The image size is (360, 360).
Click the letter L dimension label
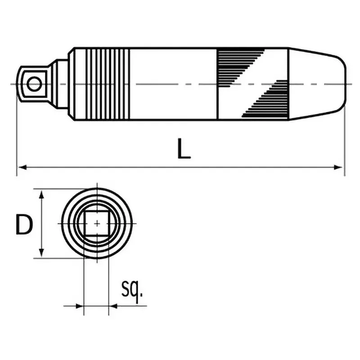coord(183,149)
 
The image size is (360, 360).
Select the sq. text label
coord(132,291)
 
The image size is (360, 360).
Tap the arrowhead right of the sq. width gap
coord(113,306)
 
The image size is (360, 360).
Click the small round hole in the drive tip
coord(33,84)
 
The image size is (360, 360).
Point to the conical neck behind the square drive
coord(59,84)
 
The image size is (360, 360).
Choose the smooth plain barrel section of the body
coord(173,84)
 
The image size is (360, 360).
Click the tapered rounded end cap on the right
coord(317,84)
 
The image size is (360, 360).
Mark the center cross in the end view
coord(97,223)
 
